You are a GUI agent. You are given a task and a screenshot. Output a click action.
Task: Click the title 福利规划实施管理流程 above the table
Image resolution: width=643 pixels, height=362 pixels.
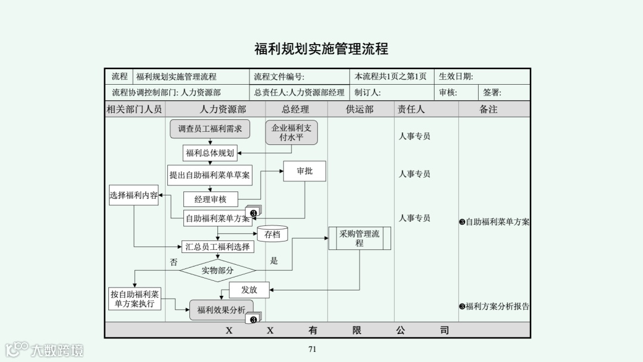point(321,49)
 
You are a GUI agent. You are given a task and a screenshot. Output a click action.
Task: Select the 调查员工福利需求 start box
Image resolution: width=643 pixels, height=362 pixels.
point(210,129)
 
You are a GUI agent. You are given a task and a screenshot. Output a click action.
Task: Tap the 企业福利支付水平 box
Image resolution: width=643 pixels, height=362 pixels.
point(291,132)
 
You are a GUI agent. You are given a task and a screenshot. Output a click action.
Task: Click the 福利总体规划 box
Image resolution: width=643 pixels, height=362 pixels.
point(210,153)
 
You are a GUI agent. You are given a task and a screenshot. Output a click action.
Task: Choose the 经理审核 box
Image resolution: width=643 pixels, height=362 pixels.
point(210,199)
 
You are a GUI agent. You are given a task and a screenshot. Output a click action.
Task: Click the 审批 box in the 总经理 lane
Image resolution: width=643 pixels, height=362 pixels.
point(304,171)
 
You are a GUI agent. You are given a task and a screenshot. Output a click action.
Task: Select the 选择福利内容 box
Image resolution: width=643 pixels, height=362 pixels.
point(133,195)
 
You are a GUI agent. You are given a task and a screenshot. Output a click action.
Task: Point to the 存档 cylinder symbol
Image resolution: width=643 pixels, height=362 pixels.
point(272,234)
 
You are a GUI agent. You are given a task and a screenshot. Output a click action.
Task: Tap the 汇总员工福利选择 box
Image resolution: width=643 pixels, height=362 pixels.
point(218,246)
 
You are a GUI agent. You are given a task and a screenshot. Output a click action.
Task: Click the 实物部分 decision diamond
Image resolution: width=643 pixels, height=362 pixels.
point(217,270)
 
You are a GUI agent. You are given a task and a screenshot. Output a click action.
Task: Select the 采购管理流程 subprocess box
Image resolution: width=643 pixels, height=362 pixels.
point(359,238)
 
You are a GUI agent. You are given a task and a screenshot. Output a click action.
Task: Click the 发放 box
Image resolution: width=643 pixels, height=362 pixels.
point(249,290)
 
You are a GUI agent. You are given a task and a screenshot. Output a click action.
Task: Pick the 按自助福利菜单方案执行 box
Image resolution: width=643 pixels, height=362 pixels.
point(135,298)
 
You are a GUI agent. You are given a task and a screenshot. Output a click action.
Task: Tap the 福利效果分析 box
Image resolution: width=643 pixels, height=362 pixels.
point(221,310)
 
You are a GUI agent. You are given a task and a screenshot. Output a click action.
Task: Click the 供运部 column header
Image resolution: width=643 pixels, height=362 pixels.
point(360,109)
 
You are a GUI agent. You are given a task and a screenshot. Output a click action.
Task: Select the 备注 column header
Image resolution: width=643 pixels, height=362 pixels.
point(488,109)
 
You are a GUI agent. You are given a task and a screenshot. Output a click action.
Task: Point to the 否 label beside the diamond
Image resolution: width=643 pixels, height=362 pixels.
point(174,262)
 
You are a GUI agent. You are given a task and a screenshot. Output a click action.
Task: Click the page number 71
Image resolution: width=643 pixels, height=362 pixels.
point(312,349)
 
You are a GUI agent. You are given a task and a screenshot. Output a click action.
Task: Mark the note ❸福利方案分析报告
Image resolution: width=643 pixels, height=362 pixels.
point(494,307)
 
